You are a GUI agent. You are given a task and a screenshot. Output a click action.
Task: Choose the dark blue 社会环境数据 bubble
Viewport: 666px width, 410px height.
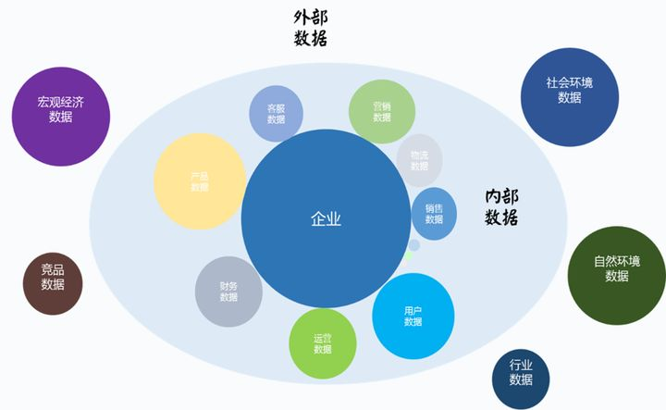[x=569, y=96]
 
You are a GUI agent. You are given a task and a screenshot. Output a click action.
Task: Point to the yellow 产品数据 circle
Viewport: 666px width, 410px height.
[x=200, y=181]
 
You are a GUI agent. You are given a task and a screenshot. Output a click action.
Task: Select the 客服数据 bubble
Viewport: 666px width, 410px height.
[x=277, y=114]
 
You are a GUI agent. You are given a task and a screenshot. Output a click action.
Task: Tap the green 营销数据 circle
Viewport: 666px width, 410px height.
[x=382, y=112]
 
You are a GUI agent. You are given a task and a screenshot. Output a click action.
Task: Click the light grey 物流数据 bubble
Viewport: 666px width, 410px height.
[x=419, y=160]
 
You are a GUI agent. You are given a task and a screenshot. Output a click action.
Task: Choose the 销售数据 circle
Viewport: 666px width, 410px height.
[x=434, y=214]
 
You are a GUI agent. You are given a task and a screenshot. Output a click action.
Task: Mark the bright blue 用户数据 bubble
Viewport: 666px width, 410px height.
[x=413, y=317]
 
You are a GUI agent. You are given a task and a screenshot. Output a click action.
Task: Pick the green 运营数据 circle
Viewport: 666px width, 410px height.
[x=322, y=343]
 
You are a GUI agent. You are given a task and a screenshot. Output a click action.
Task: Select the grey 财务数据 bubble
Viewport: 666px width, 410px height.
[x=228, y=292]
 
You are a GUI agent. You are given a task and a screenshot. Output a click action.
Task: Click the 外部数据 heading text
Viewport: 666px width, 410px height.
[x=311, y=28]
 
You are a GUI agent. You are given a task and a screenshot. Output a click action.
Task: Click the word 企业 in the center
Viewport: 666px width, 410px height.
[x=326, y=219]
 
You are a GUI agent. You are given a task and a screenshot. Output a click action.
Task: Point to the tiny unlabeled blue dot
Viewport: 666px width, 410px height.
[x=414, y=245]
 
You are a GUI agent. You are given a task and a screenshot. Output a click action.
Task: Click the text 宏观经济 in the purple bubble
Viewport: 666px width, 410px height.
[x=61, y=102]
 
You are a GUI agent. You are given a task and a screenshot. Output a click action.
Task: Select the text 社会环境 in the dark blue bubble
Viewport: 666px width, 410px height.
[x=569, y=82]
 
